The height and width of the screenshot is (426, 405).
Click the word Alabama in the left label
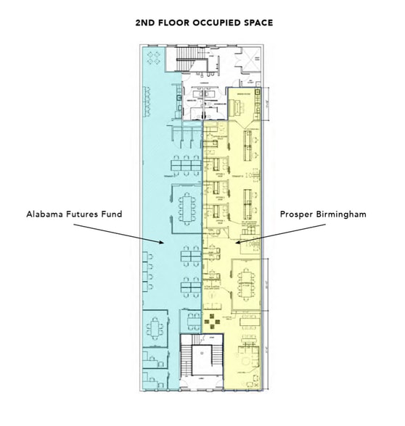(44, 215)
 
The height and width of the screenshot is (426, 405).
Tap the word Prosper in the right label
(298, 215)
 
